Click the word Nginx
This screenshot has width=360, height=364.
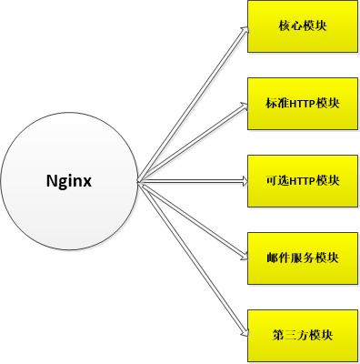click(69, 180)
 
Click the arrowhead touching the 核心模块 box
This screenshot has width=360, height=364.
click(245, 30)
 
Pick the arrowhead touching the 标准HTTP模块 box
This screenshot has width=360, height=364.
click(244, 105)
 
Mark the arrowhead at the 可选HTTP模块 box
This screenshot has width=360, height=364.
click(243, 180)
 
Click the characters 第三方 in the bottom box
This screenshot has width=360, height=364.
click(283, 335)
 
